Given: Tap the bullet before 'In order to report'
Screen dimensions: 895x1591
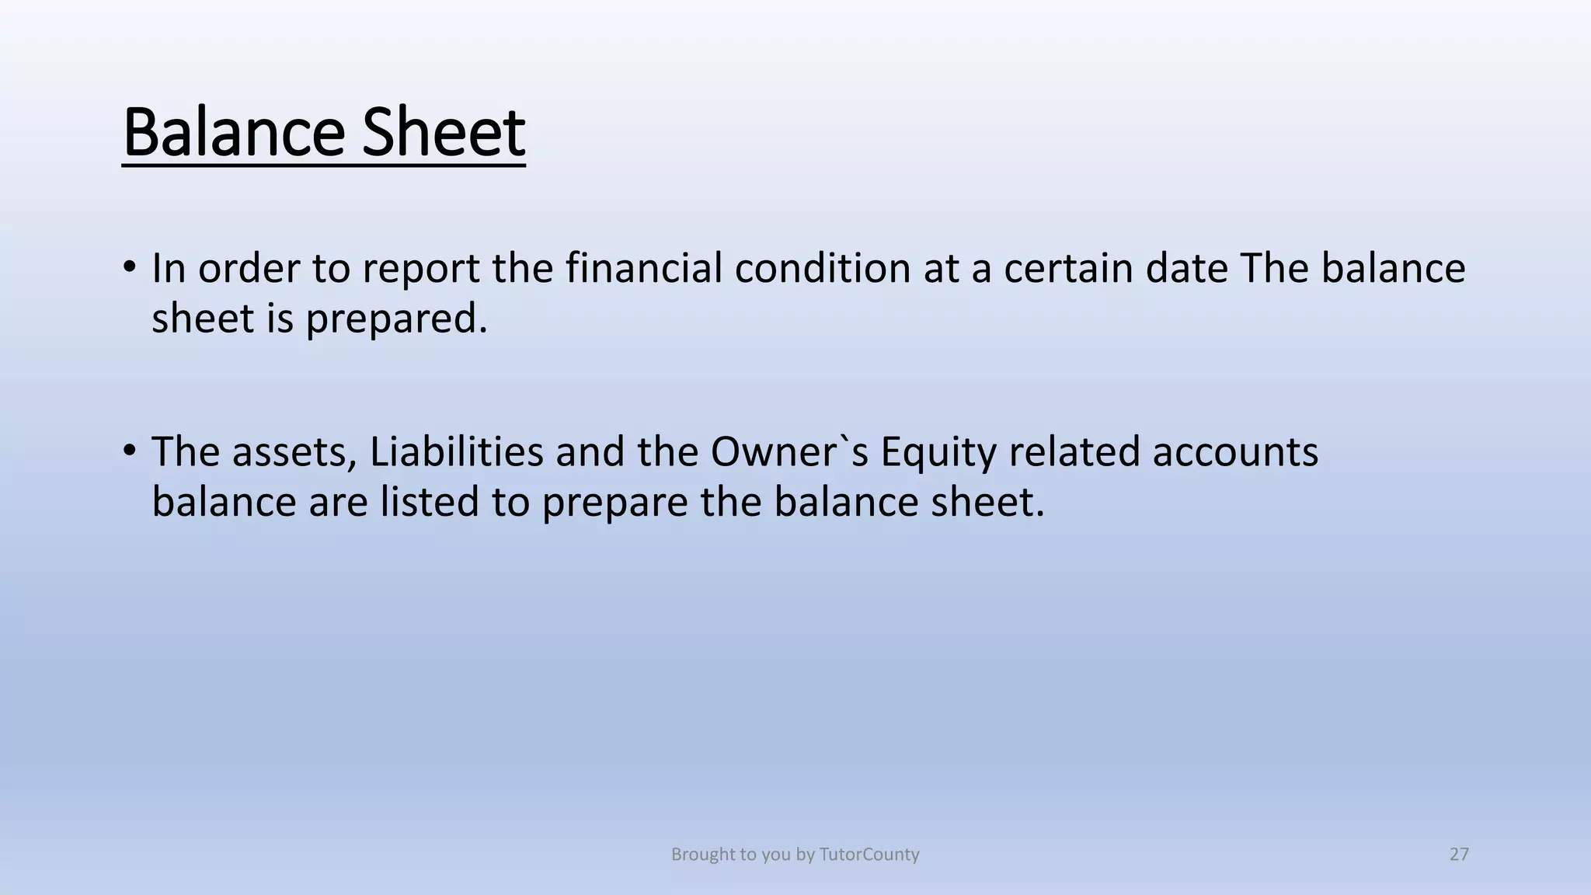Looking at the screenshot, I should click(130, 267).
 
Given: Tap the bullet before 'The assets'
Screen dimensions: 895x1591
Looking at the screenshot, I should click(130, 451).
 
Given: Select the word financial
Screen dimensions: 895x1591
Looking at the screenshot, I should click(644, 268).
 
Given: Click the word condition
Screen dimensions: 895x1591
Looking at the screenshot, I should click(823, 268).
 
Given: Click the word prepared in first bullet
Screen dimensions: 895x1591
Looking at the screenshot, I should click(396, 319).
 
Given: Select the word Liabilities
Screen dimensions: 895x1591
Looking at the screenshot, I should click(456, 451).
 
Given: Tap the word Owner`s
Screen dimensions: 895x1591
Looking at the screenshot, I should click(789, 451).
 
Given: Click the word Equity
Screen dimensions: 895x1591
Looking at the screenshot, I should click(938, 453).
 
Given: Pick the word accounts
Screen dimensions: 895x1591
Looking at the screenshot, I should click(1235, 453).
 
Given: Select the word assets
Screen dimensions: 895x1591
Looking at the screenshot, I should click(294, 453).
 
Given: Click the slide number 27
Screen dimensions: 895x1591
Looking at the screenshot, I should click(1459, 855).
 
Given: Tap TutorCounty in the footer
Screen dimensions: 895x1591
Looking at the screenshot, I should click(869, 855).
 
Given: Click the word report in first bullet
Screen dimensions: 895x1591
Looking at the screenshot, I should click(420, 270).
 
